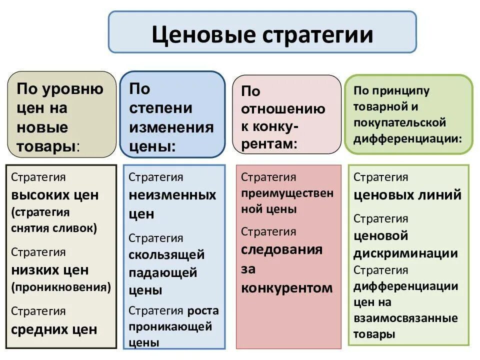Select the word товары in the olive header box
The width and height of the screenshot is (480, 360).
point(47,146)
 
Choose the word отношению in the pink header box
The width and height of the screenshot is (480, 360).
point(283,109)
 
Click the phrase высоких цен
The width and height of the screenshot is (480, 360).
point(55,195)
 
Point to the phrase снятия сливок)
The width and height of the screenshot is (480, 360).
point(54,228)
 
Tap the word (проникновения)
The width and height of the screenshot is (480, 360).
point(61,287)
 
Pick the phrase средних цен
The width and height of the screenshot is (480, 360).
point(54,329)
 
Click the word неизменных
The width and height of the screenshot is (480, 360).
point(172,195)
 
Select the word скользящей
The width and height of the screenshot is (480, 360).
point(166,255)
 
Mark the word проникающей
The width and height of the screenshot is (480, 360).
point(170,327)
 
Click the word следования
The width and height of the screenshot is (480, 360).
point(282,249)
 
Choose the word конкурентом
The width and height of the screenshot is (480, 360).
point(287,288)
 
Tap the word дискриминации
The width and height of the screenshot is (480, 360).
point(405,253)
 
